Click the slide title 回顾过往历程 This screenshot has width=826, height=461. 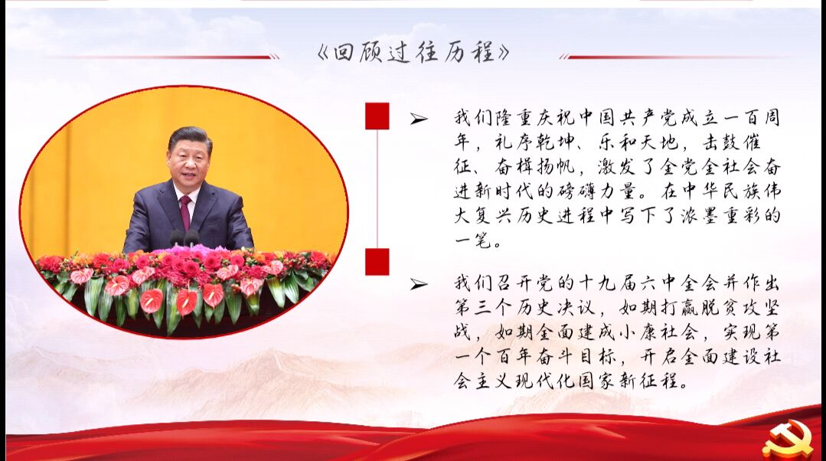(413, 53)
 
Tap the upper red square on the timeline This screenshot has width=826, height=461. (377, 116)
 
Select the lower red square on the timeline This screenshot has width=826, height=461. (377, 262)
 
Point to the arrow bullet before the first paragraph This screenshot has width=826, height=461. (419, 119)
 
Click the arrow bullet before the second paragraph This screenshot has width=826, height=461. (419, 285)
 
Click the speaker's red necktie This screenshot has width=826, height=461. (185, 212)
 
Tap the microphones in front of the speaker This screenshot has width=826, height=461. (184, 238)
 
